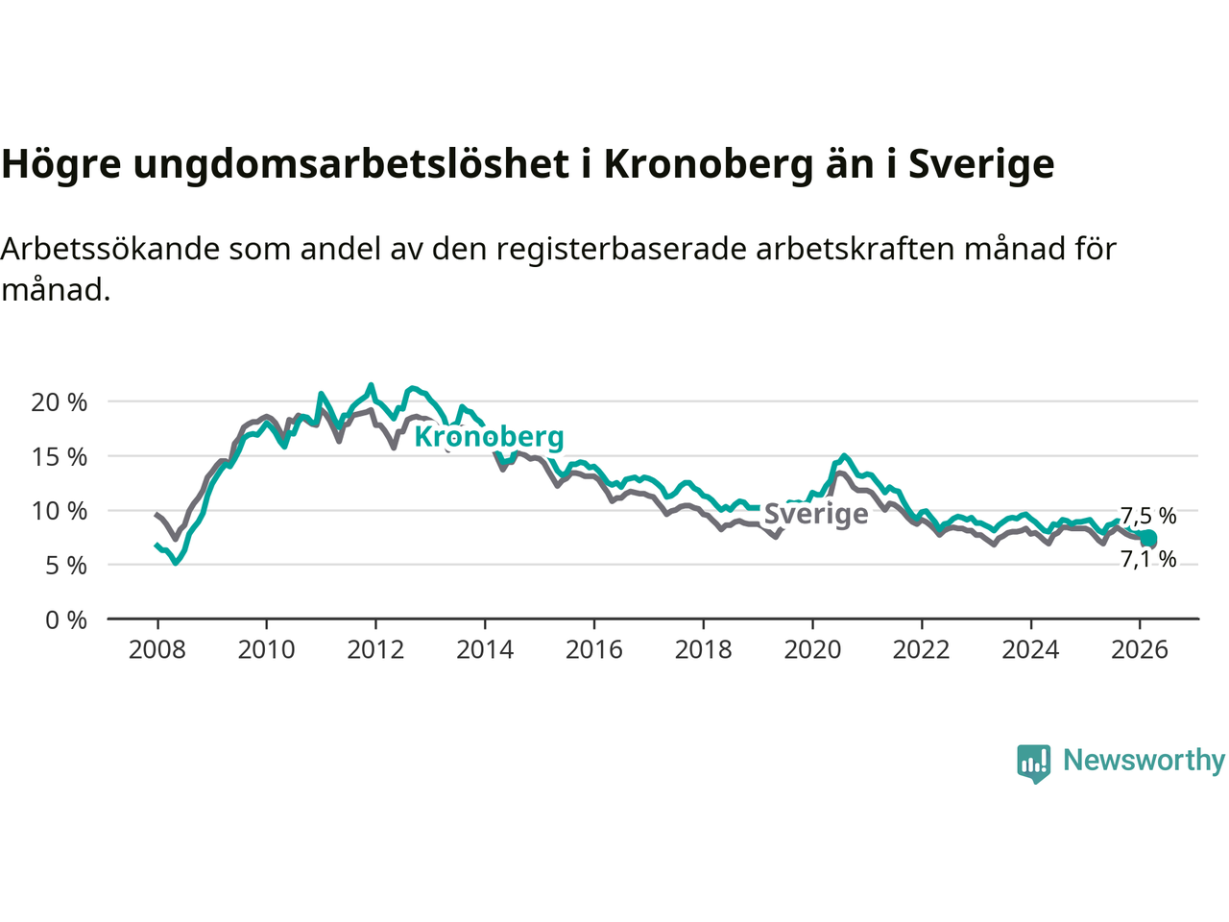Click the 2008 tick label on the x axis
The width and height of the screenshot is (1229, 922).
157,650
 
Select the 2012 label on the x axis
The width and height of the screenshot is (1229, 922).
375,650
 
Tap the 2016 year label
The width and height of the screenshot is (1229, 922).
593,650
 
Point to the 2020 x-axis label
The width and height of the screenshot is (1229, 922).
812,650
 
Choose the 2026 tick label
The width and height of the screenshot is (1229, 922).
1140,650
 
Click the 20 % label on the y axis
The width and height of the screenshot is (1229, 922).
60,402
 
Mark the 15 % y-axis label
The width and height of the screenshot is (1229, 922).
60,457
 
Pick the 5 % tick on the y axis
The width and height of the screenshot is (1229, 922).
67,566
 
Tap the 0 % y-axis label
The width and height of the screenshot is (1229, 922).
67,620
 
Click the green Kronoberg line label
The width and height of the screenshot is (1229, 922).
489,437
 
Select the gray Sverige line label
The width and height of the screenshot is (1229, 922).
816,514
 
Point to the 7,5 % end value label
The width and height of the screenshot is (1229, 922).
1148,516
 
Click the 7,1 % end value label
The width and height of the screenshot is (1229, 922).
1148,559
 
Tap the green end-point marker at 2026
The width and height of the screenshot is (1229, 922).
1147,539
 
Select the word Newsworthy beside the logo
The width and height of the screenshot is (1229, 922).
1144,761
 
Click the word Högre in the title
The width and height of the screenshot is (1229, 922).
60,164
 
